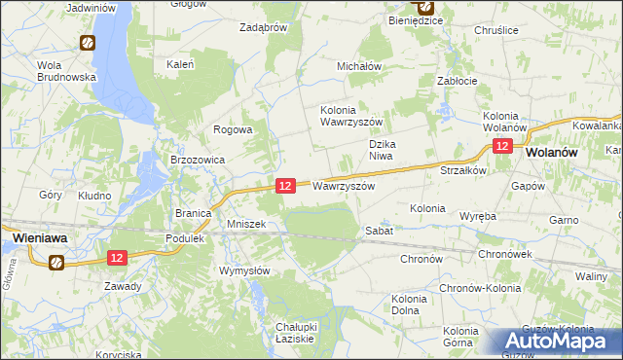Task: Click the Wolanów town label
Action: point(553,153)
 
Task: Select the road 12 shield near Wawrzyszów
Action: point(285,185)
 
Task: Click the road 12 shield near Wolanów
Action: point(501,146)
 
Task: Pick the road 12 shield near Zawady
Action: point(116,258)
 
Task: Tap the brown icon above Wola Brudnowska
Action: point(87,43)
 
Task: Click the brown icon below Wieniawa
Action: point(56,261)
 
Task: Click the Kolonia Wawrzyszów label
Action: point(354,116)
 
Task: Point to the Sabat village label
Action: point(379,231)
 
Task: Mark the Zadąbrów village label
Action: point(263,27)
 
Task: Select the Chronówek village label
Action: point(504,254)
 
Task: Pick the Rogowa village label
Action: point(234,129)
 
